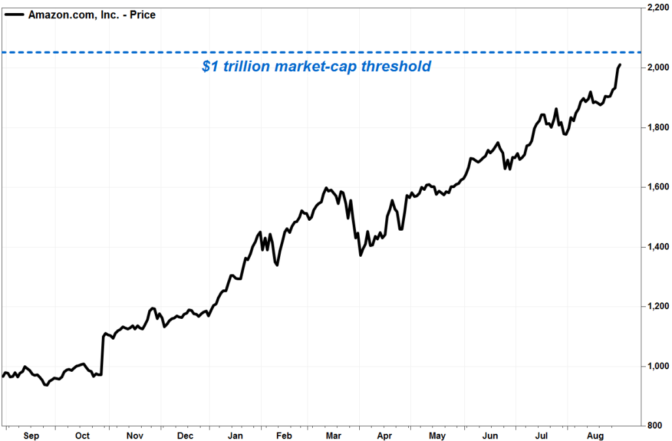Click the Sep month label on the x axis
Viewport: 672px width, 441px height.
point(31,435)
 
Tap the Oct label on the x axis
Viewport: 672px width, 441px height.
point(82,435)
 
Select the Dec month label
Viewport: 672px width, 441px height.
point(185,435)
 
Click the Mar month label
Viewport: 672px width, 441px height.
point(334,435)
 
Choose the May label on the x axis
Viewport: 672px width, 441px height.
point(437,435)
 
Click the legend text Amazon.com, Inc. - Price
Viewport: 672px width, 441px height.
point(91,14)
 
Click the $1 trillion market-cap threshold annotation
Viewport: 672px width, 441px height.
point(316,66)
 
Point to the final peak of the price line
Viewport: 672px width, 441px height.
point(619,65)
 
